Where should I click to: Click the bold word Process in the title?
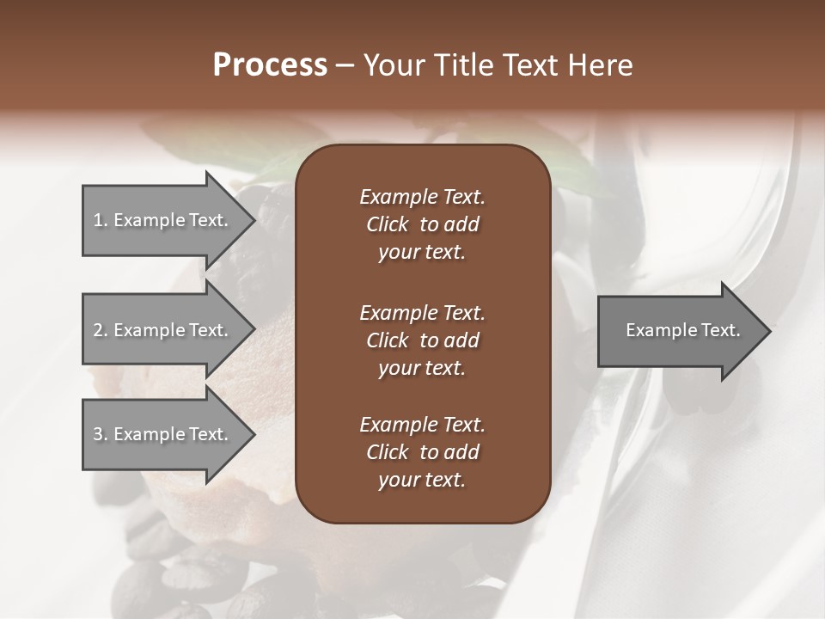click(270, 65)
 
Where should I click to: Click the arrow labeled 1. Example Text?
click(163, 220)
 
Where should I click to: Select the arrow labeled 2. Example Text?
click(163, 330)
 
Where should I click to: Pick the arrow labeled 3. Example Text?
click(163, 434)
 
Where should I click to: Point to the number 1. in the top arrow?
click(101, 220)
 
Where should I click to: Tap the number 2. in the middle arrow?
click(101, 330)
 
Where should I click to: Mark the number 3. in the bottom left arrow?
click(101, 434)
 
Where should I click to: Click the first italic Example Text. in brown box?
click(422, 197)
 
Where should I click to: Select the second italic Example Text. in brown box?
click(422, 312)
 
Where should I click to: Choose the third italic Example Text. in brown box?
click(422, 425)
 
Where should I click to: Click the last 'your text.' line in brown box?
click(422, 481)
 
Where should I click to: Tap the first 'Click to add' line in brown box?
click(422, 224)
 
